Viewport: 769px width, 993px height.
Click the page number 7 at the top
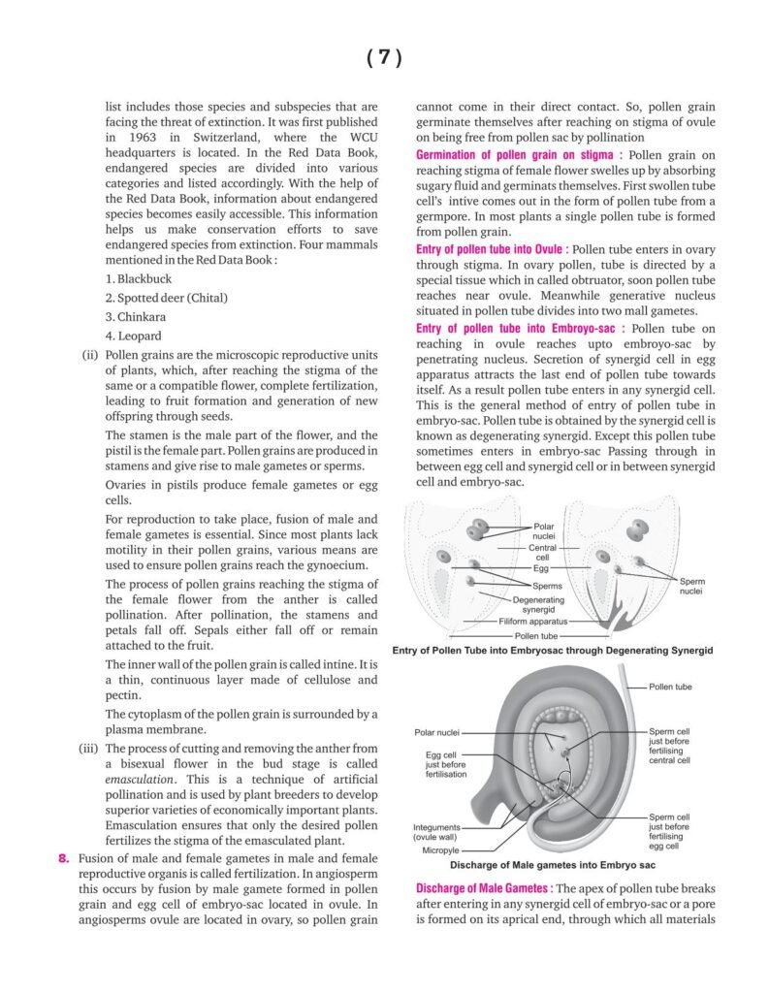pyautogui.click(x=384, y=57)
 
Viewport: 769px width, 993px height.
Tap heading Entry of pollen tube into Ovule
pyautogui.click(x=510, y=249)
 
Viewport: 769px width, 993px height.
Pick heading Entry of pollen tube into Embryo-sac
pyautogui.click(x=521, y=329)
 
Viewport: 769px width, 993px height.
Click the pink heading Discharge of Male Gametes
pyautogui.click(x=484, y=888)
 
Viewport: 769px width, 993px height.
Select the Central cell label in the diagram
pyautogui.click(x=542, y=553)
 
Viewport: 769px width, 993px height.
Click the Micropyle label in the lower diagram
pyautogui.click(x=433, y=850)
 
